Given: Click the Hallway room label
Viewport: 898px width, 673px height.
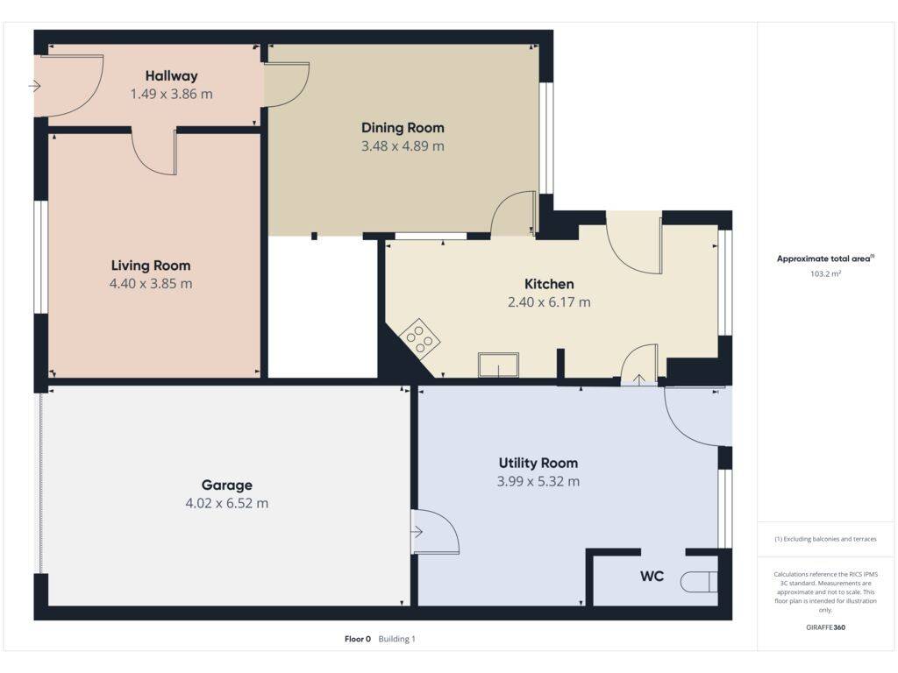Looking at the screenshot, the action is pos(171,76).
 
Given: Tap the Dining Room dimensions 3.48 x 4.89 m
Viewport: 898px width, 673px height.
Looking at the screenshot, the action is pos(403,146).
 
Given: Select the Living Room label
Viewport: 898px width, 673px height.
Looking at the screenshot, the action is pos(151,266).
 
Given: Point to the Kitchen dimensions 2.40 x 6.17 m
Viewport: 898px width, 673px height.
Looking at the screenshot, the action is pos(549,302).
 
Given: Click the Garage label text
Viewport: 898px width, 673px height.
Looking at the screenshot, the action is pos(227,485).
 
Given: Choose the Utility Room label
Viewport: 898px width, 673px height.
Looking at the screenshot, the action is pos(538,463).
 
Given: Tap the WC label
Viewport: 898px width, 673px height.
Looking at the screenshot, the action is pos(652,576).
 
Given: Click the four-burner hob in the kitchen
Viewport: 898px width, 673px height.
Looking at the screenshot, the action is pos(420,339).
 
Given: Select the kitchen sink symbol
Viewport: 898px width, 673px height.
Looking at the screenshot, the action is pos(499,365).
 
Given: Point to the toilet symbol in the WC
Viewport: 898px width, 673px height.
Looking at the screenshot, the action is pos(699,582).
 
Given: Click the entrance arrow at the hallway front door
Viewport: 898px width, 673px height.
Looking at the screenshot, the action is pos(35,87).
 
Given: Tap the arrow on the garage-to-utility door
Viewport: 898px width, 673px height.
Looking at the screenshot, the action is pos(417,532).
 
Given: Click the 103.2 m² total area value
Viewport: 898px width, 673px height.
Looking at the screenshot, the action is pos(825,273).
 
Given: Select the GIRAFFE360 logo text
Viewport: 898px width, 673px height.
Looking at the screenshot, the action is pos(825,627).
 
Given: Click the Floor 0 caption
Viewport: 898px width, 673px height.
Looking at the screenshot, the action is pos(358,639).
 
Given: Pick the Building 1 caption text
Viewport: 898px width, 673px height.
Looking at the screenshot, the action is pos(397,639).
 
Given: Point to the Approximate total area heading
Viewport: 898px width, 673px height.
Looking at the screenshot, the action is pos(825,259).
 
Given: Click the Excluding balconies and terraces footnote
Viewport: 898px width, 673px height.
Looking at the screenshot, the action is pos(825,539).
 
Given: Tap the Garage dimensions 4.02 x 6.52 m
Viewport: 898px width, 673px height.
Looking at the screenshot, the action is pos(227,504).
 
